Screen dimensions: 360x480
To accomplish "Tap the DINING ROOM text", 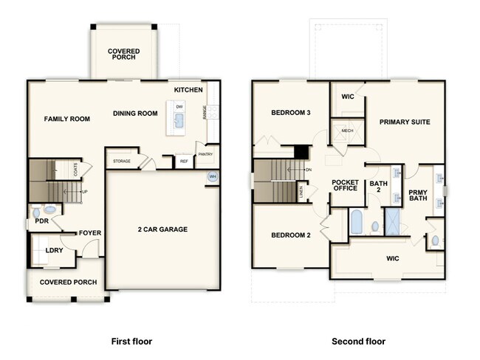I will click(135, 114).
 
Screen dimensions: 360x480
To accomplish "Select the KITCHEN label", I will click(188, 90).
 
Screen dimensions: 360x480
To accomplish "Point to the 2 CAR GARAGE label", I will click(162, 229).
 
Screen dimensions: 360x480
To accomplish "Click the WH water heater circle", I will click(212, 177).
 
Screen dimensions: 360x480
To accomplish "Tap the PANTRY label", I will click(205, 154).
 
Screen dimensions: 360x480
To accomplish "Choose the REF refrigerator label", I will click(183, 161).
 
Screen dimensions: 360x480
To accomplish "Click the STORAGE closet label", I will click(122, 160).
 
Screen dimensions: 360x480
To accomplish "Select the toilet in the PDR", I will click(49, 210).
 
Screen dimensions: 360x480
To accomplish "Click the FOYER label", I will click(90, 233).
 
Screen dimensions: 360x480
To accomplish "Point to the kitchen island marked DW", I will click(179, 118).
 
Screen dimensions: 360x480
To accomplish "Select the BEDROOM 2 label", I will click(290, 235).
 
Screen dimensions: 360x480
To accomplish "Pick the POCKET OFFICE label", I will click(345, 185).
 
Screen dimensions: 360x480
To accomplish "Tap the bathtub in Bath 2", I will click(356, 222).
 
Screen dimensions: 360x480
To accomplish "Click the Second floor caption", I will click(358, 342).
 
